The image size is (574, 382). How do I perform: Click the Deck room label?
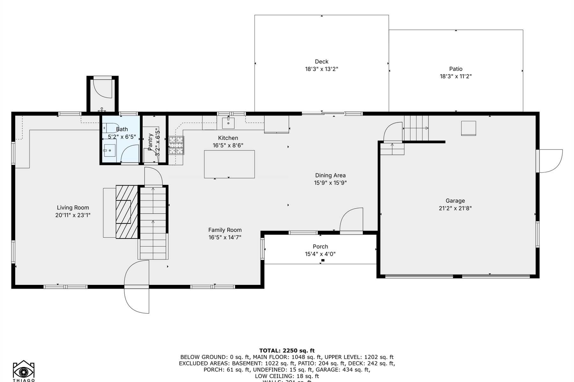[321, 61]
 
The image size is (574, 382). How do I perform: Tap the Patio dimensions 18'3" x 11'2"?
[456, 76]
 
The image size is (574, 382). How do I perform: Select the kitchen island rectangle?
[229, 164]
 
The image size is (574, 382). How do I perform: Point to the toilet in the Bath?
[110, 128]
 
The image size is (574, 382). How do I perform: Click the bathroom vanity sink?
[109, 150]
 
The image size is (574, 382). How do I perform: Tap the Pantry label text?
[150, 142]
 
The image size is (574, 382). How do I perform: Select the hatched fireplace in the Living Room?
[127, 212]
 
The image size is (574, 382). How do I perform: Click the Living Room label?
[73, 208]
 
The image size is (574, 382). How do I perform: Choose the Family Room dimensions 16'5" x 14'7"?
[225, 237]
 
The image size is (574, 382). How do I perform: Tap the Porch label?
[320, 246]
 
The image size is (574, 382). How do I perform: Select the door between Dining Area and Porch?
[352, 220]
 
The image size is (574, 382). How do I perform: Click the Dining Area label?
[330, 175]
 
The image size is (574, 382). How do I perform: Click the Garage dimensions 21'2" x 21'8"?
[455, 209]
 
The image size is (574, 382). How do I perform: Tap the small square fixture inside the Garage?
[468, 128]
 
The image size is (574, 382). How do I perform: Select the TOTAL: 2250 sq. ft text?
[287, 351]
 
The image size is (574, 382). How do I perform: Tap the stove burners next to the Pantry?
[176, 145]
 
